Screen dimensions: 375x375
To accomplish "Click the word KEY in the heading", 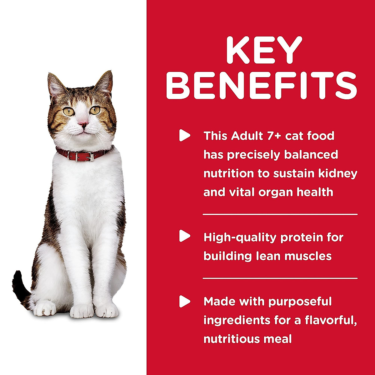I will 264,51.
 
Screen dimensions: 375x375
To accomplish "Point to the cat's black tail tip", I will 17,281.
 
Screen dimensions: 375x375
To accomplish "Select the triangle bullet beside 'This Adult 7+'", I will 185,136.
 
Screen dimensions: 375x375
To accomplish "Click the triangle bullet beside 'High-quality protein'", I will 185,237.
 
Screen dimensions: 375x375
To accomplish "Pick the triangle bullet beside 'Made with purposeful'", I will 185,302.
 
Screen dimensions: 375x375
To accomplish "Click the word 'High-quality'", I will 240,237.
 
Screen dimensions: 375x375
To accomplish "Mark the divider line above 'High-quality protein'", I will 280,214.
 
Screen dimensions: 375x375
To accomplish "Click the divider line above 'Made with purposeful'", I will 280,278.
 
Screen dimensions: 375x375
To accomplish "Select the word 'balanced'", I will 313,155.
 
